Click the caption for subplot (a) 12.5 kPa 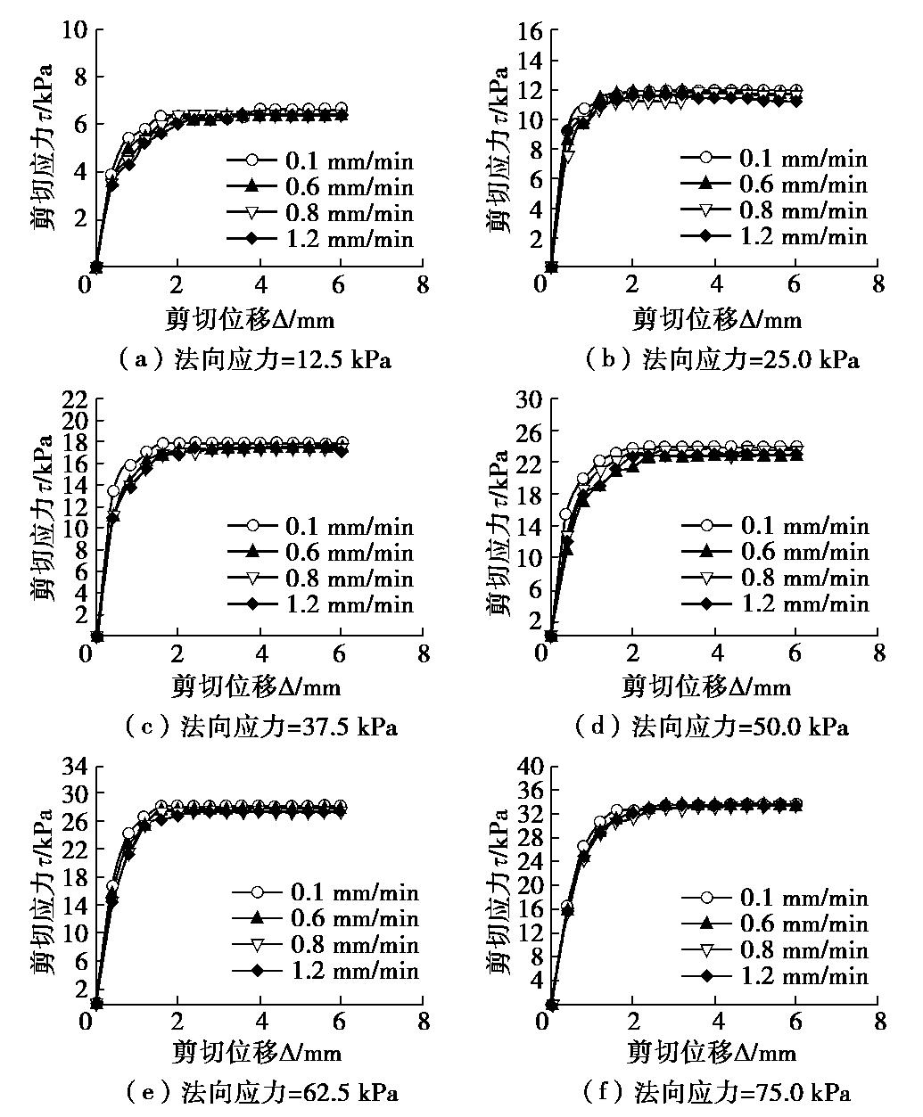click(x=255, y=360)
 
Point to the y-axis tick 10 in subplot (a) click(x=76, y=30)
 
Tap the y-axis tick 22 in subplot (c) click(x=72, y=399)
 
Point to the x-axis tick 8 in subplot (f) click(x=879, y=1022)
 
